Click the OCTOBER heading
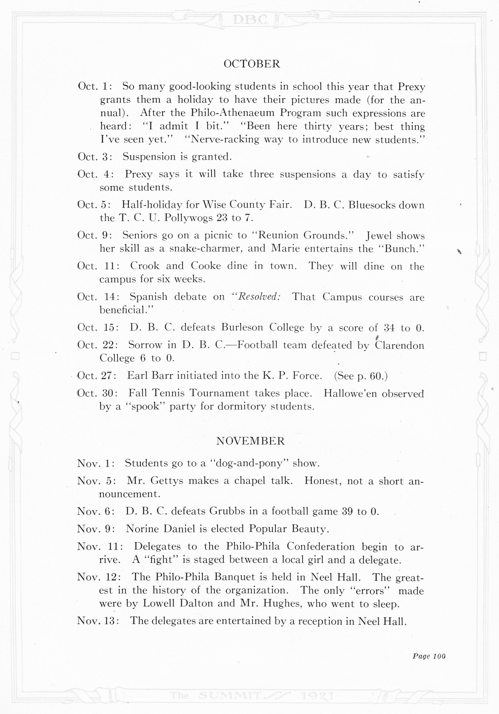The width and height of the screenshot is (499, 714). (x=252, y=64)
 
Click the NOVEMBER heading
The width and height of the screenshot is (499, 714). (x=250, y=441)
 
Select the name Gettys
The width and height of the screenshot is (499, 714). (x=167, y=481)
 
